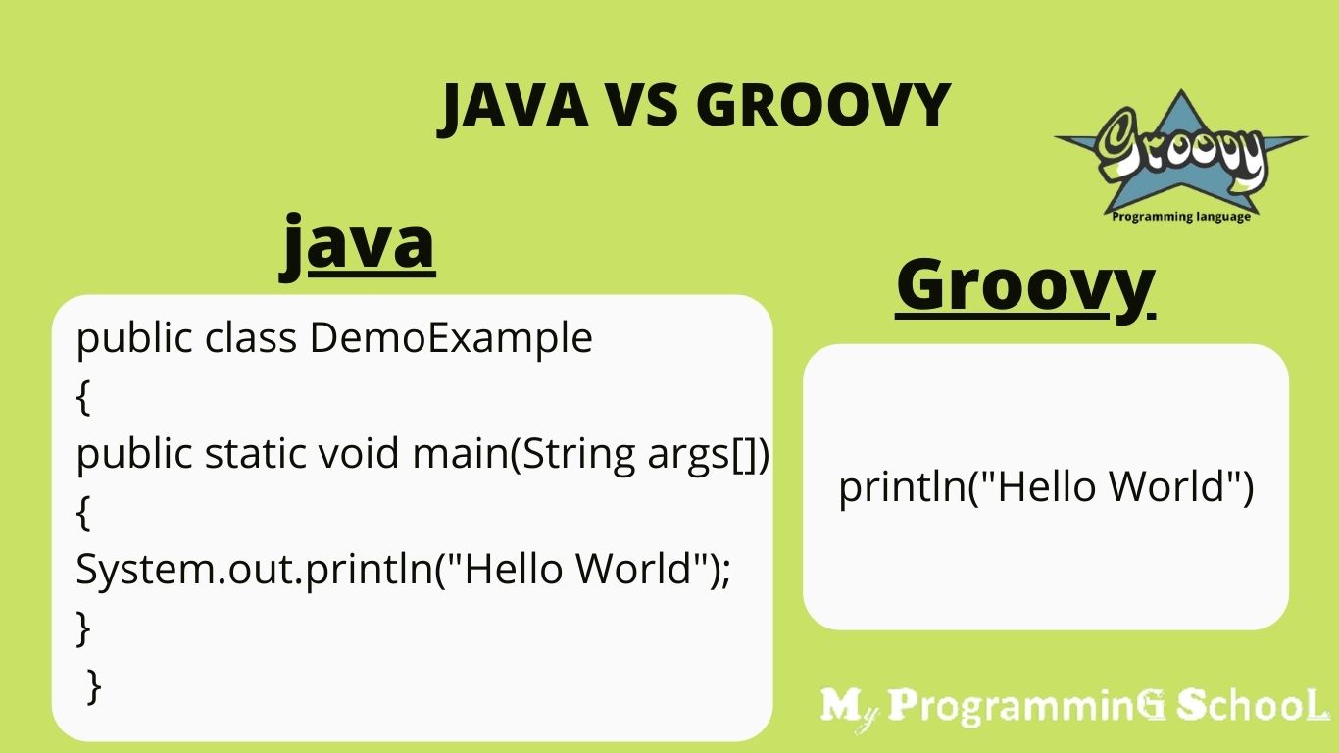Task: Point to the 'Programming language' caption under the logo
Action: pyautogui.click(x=1181, y=217)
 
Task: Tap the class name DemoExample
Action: pyautogui.click(x=451, y=338)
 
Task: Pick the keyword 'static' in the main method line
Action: pyautogui.click(x=257, y=454)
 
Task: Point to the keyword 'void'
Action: pyautogui.click(x=360, y=454)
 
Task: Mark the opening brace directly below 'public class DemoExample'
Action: pyautogui.click(x=83, y=397)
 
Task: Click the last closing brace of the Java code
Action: pyautogui.click(x=94, y=685)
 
